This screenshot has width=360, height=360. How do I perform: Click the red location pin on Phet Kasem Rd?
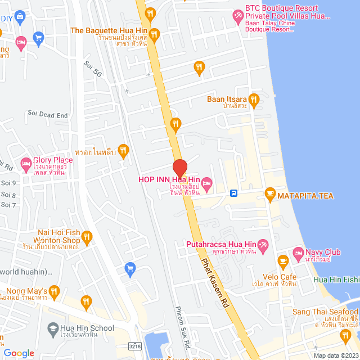[x=179, y=168]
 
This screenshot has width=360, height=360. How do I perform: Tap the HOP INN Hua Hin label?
[x=169, y=180]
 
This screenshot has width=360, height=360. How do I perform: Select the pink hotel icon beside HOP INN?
[x=206, y=182]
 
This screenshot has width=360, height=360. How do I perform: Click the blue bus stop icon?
[x=233, y=193]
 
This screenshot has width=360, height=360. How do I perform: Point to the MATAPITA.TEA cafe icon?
[x=269, y=193]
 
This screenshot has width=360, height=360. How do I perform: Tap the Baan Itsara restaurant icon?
[x=254, y=100]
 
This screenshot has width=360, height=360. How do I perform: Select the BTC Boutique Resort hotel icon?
[x=237, y=16]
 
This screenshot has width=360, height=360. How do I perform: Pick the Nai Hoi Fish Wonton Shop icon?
[x=85, y=236]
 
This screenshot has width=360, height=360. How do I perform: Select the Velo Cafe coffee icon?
[x=283, y=260]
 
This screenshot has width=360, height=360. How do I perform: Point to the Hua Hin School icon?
[x=52, y=328]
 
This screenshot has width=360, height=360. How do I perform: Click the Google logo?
[x=19, y=353]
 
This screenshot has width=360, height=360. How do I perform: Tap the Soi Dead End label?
[x=47, y=115]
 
